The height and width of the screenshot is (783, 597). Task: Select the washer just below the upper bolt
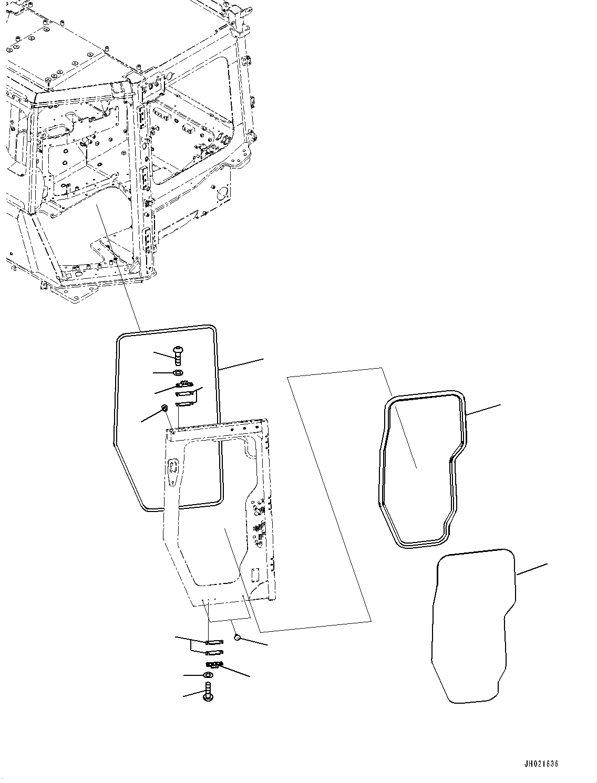[x=178, y=373]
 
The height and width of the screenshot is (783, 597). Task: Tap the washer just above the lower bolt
[x=208, y=675]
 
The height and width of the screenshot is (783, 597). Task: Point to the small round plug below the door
[x=236, y=636]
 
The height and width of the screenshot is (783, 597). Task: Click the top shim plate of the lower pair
[x=214, y=642]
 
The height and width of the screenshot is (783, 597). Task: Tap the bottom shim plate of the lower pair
[x=214, y=653]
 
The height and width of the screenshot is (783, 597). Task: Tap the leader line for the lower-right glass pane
[x=531, y=569]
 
